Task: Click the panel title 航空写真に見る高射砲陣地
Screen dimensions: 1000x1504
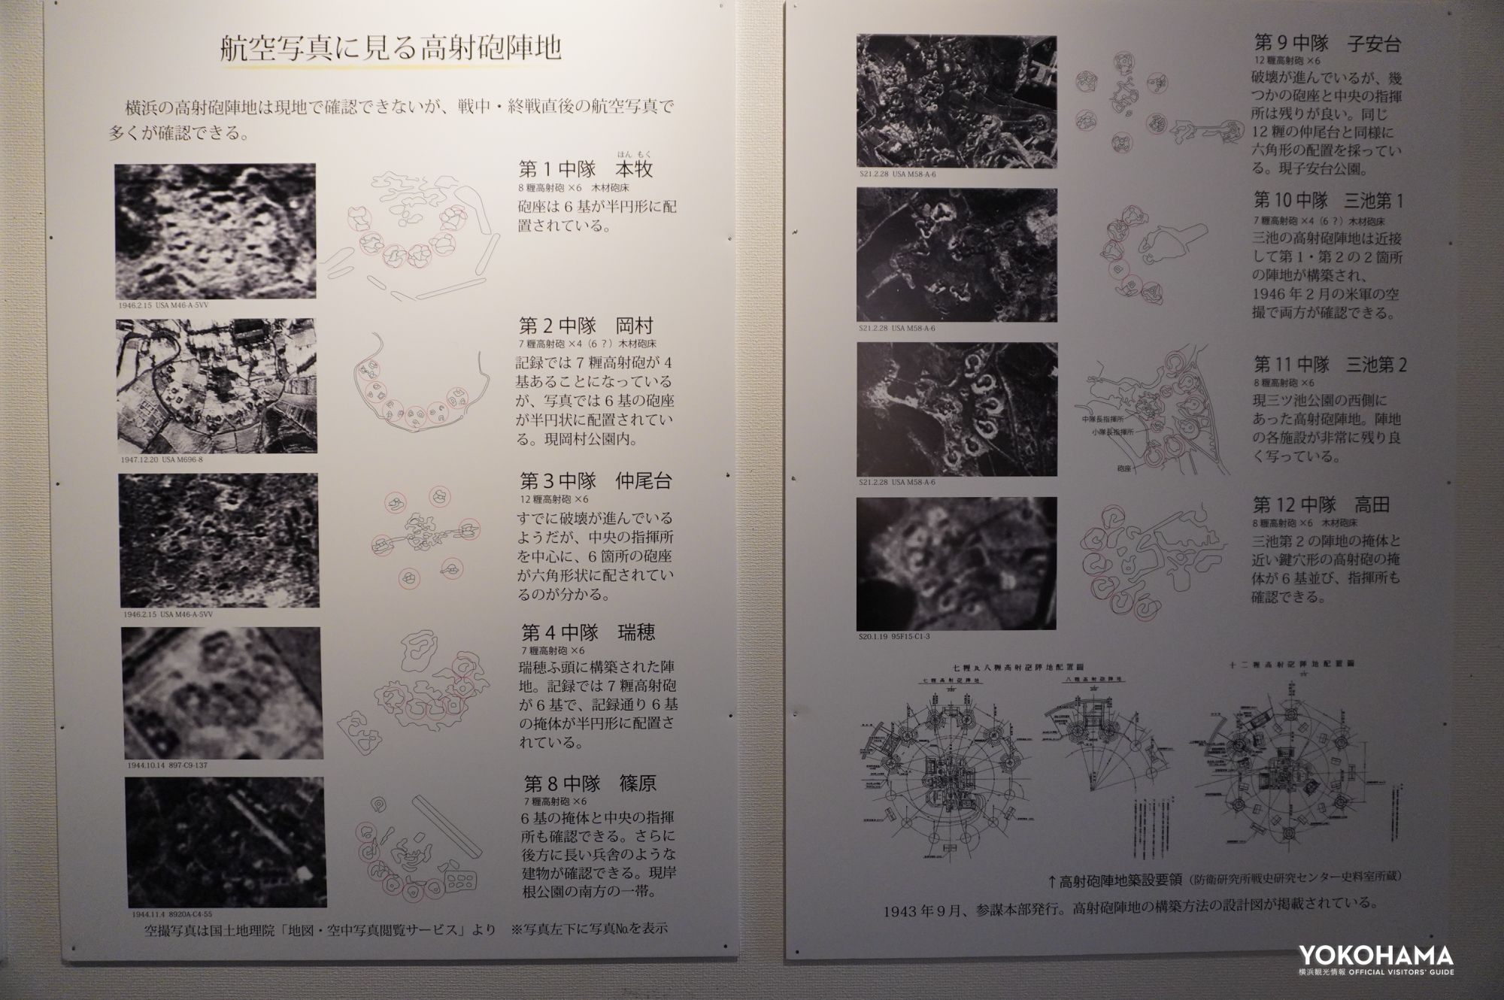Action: [390, 50]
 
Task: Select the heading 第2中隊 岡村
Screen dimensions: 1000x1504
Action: [586, 326]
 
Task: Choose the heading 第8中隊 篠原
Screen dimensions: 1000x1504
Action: [590, 783]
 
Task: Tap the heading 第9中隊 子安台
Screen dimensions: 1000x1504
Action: [1327, 44]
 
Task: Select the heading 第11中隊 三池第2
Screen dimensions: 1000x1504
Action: [1330, 365]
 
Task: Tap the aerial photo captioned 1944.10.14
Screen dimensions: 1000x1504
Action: [223, 692]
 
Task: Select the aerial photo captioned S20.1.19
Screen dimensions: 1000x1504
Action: [957, 562]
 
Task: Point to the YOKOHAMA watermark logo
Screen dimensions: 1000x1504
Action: [1375, 959]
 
